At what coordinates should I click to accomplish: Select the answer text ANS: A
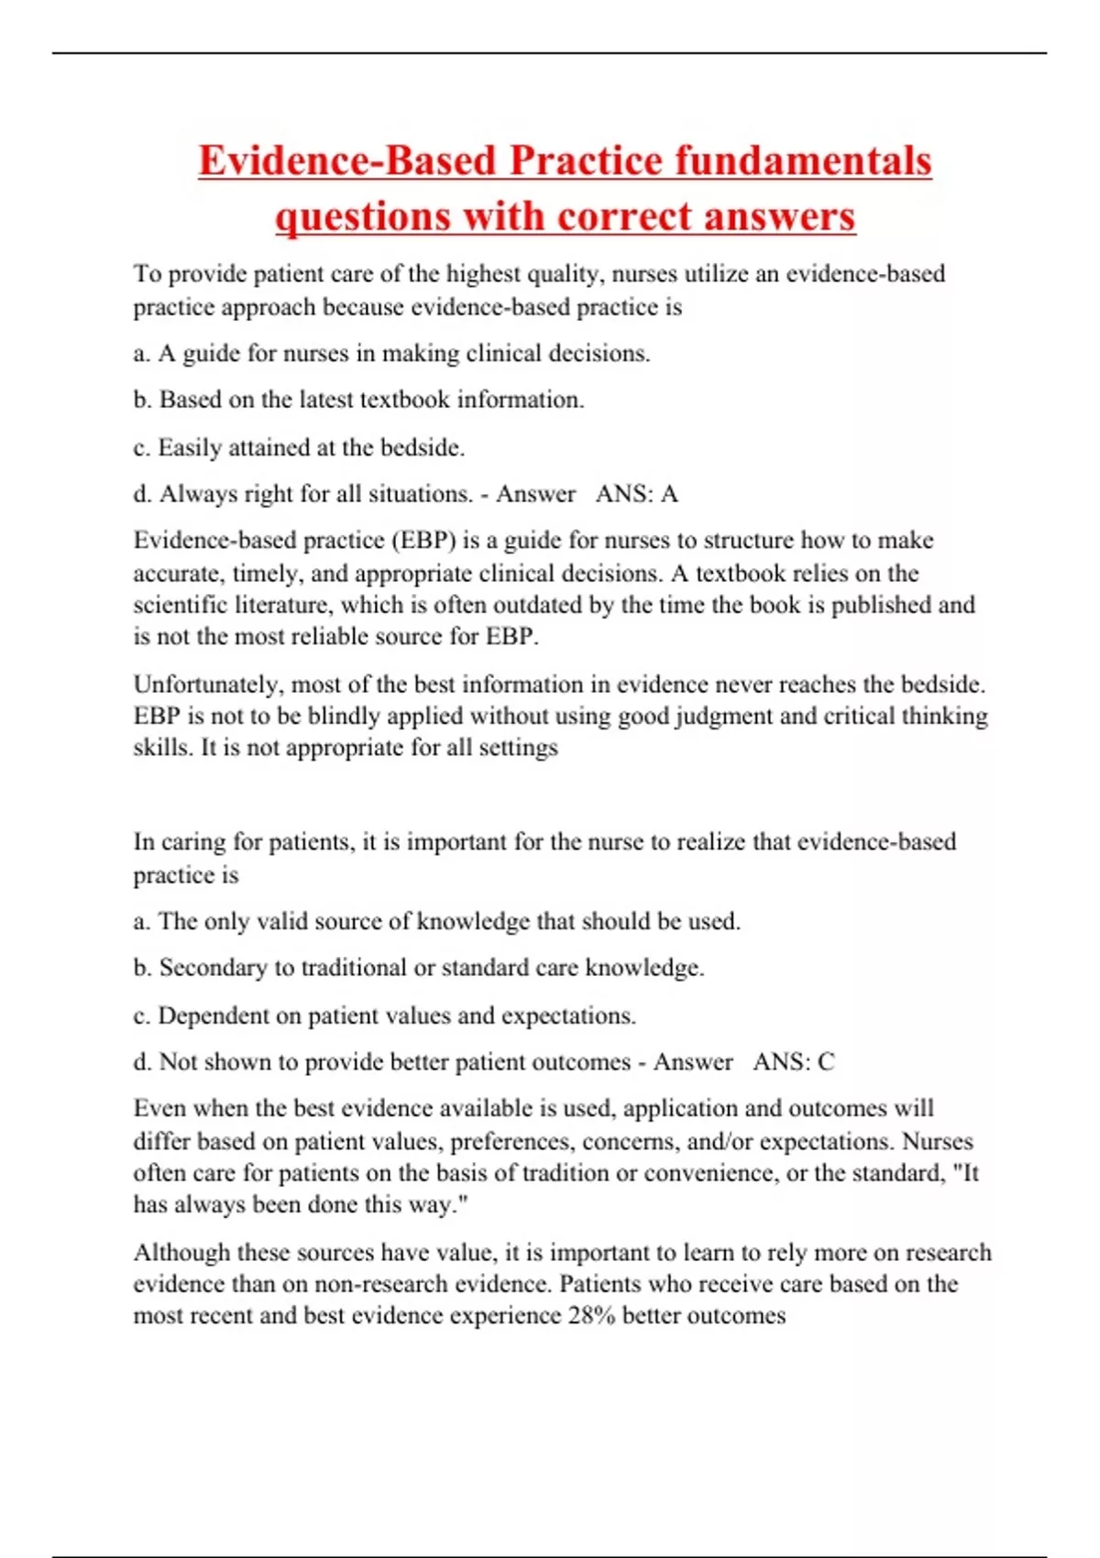[x=636, y=494]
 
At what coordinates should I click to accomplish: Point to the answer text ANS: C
[x=794, y=1062]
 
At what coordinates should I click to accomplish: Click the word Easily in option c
[x=189, y=448]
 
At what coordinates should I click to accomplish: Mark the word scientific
[x=176, y=605]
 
